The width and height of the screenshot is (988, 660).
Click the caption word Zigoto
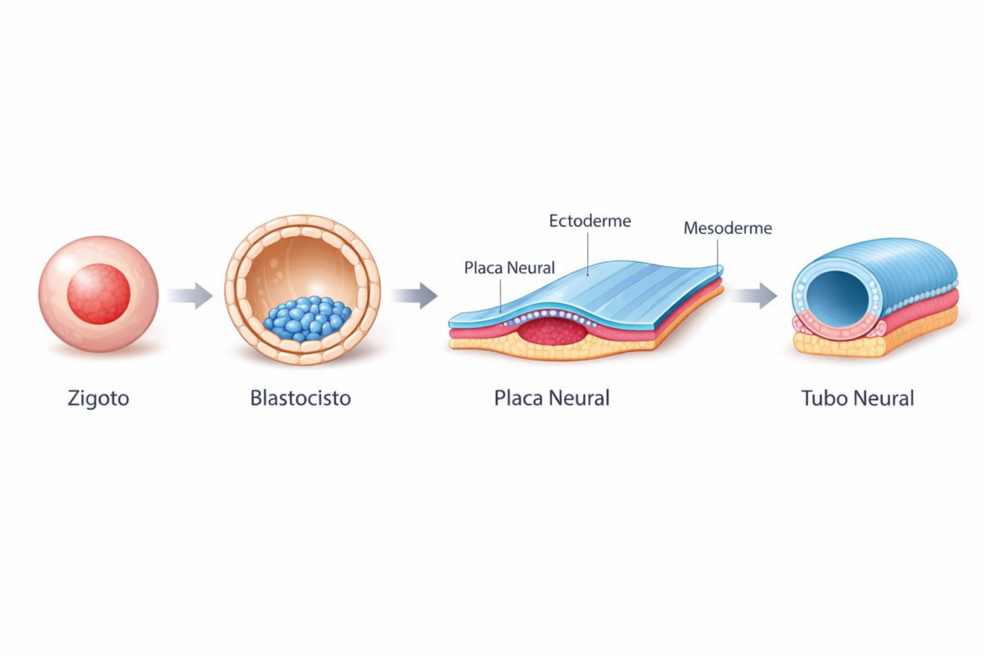point(98,398)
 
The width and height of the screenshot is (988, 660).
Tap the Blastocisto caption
point(300,398)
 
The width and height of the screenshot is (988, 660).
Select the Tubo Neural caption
point(857,398)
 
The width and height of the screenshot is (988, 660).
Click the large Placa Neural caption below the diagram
point(551,398)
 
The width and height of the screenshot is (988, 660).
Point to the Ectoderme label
point(589,221)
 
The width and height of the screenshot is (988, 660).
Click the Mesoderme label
point(728,228)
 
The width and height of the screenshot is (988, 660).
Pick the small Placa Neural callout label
point(509,268)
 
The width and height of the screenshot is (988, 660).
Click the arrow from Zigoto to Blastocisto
point(190,295)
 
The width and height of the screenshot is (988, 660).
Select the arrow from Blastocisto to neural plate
point(414,295)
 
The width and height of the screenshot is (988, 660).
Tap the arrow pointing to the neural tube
point(755,295)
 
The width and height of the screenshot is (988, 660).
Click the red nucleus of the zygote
point(99,294)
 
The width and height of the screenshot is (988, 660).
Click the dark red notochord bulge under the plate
point(553,333)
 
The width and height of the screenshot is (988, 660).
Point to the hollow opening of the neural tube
point(839,295)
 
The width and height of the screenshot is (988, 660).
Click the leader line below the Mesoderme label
point(717,252)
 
